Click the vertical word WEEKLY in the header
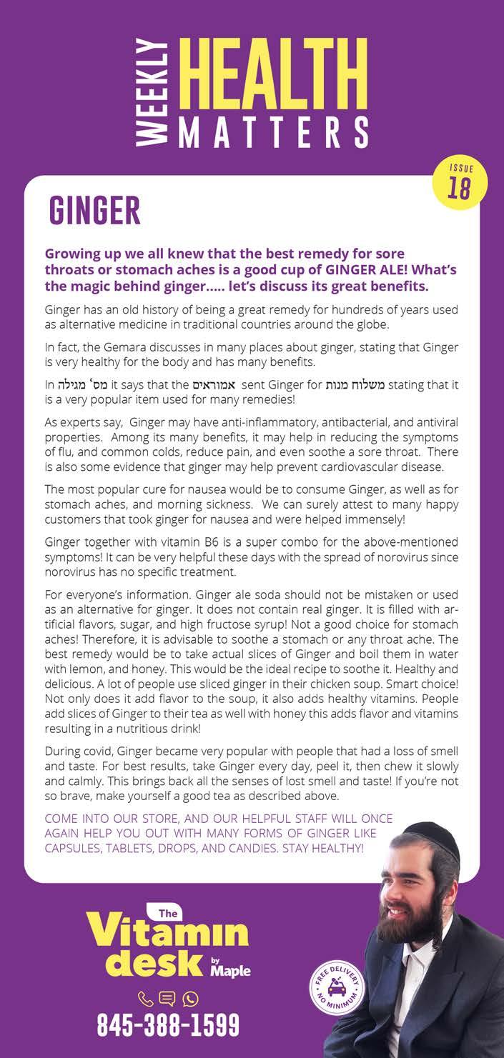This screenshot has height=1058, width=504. click(x=150, y=92)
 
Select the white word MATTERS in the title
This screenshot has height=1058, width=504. click(x=272, y=132)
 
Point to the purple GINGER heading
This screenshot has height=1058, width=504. click(x=94, y=211)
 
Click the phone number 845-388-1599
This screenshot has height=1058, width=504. click(x=168, y=1026)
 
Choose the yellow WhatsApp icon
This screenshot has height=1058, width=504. click(x=190, y=999)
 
